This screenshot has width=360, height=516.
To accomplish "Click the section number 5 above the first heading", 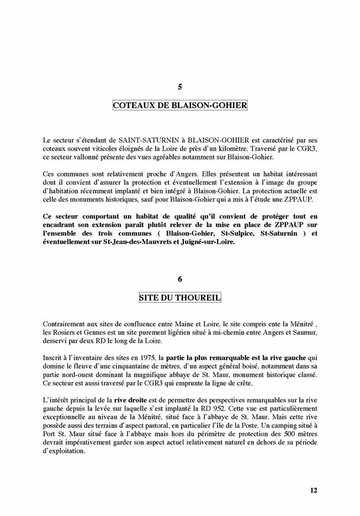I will click(180, 87).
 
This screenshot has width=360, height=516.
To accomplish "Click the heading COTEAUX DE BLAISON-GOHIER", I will click(180, 105).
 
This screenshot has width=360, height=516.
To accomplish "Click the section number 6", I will click(180, 279).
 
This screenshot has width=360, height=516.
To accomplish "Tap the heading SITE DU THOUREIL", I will click(180, 298).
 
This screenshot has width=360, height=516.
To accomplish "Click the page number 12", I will click(313, 490).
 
